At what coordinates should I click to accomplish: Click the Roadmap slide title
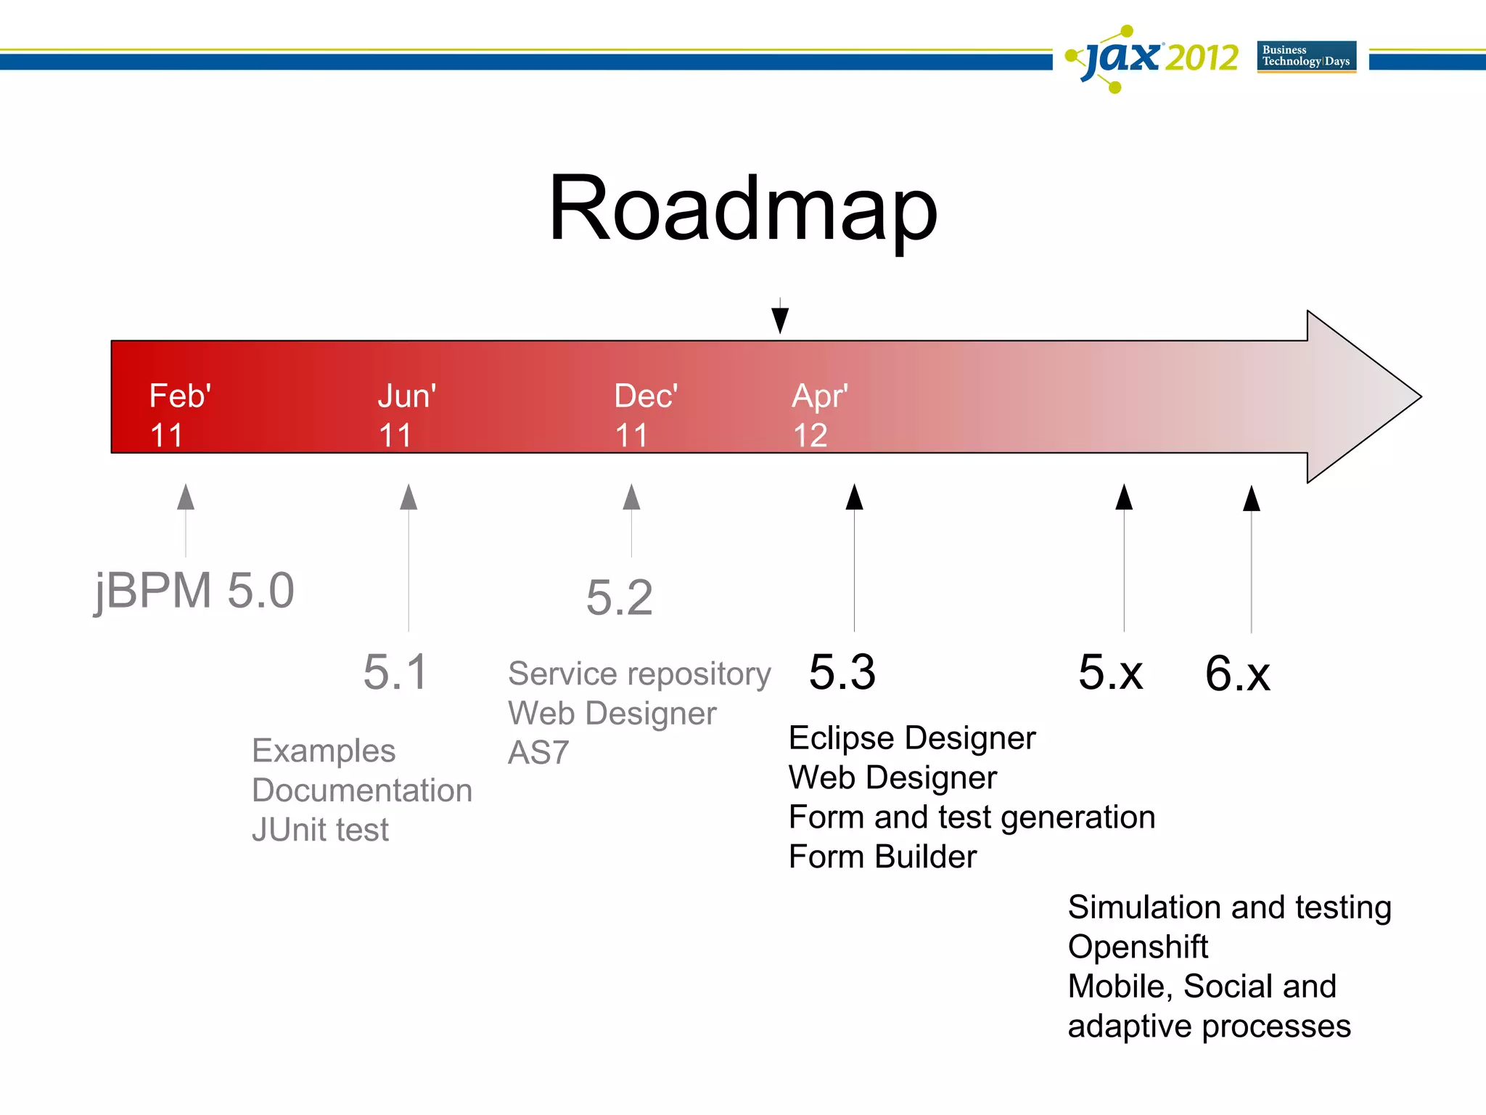[742, 209]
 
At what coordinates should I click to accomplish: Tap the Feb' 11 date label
[179, 415]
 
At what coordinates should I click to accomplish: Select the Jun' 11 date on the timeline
[406, 415]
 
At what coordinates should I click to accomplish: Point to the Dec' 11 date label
[645, 415]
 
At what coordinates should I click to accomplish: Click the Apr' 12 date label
[819, 415]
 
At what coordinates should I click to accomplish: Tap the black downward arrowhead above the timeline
[780, 319]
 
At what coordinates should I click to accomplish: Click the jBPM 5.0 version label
[194, 591]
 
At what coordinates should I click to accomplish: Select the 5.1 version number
[395, 672]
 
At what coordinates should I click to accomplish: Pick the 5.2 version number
[619, 598]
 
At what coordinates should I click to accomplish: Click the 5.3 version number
[842, 672]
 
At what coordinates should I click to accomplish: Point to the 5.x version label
[1110, 672]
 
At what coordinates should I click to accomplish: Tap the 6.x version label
[1237, 674]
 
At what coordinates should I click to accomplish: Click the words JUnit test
[320, 830]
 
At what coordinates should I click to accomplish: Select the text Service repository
[639, 674]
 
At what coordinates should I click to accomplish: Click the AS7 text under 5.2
[538, 753]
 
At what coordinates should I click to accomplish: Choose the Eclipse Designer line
[911, 739]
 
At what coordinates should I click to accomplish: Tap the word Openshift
[1137, 947]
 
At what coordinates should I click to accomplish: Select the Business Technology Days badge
[1306, 57]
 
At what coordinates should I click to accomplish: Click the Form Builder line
[882, 857]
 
